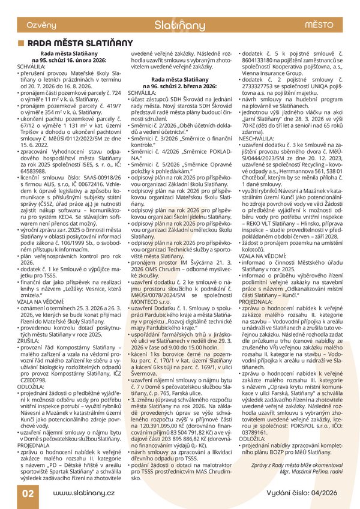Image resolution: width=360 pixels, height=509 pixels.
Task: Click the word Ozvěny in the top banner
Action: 33,25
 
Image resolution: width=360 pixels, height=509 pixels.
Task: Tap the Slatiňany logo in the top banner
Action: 179,25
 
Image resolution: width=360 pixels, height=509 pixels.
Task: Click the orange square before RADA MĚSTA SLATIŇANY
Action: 22,43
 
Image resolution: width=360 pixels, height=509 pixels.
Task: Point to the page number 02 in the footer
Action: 28,493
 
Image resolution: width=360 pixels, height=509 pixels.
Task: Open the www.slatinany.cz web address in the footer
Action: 84,493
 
